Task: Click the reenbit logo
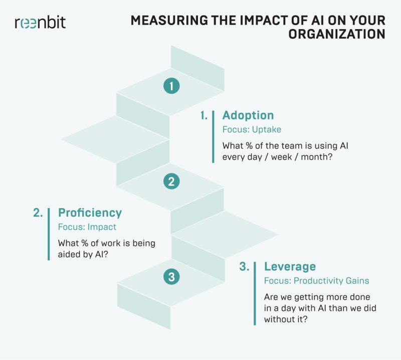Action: click(40, 23)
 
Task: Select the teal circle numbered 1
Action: click(171, 86)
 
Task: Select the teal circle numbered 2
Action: click(171, 181)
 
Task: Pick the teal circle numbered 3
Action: click(171, 276)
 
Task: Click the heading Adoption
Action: click(248, 115)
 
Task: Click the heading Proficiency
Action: click(90, 213)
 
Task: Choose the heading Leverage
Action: click(290, 266)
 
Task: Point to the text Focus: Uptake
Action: click(252, 129)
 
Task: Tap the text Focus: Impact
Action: click(87, 227)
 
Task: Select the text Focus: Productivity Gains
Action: click(316, 280)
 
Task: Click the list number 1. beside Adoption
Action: click(205, 115)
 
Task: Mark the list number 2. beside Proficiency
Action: click(38, 213)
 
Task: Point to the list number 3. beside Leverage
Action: click(245, 267)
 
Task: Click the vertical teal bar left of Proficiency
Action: click(49, 234)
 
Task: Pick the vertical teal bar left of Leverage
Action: click(256, 293)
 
